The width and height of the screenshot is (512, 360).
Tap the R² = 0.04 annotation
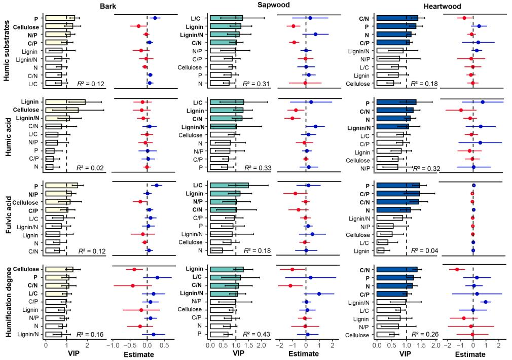tap(422, 250)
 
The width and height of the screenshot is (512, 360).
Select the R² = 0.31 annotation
tap(256, 83)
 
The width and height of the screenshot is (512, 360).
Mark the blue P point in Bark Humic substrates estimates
tap(155, 18)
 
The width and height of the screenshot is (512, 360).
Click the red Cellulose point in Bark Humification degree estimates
tap(134, 269)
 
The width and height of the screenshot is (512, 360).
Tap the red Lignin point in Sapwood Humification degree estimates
tap(292, 269)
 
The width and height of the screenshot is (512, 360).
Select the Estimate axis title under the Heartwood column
tap(473, 354)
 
